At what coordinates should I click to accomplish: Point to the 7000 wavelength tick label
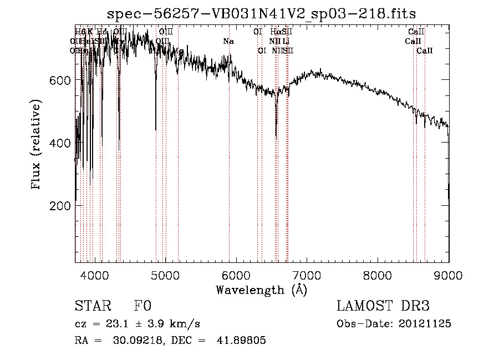[x=307, y=275]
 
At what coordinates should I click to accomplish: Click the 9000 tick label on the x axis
[x=448, y=275]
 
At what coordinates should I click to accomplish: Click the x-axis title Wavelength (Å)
[x=261, y=290]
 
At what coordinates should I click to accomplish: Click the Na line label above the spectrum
[x=228, y=41]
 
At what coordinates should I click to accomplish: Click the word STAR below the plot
[x=92, y=306]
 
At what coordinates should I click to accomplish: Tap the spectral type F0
[x=142, y=306]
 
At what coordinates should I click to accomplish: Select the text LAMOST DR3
[x=383, y=306]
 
